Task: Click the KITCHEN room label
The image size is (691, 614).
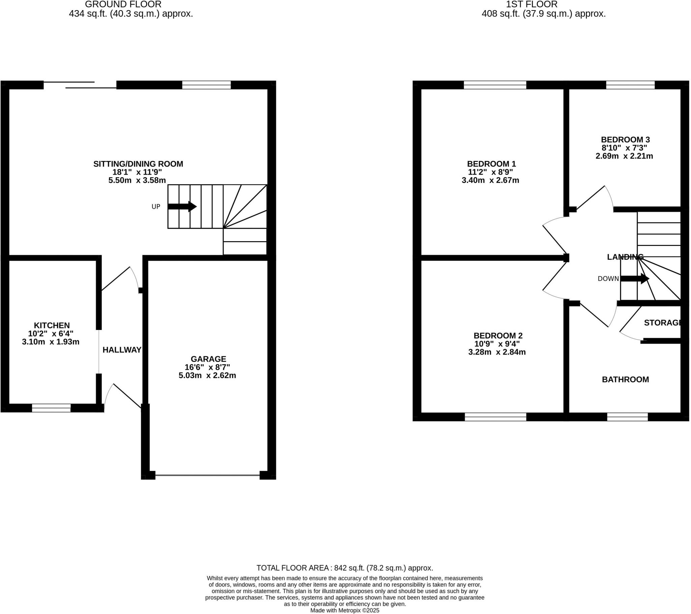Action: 52,325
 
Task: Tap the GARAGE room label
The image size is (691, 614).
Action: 208,359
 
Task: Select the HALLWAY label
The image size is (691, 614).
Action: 122,350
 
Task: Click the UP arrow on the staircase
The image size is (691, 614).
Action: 182,206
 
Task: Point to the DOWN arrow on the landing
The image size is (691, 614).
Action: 635,279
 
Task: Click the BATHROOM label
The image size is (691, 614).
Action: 625,379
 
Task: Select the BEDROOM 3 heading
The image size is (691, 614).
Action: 625,139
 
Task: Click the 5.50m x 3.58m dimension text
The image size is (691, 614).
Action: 137,180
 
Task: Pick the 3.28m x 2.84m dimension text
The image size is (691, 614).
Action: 497,352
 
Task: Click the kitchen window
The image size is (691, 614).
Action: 51,408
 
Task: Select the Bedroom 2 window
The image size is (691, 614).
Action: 495,417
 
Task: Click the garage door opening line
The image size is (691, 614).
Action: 207,475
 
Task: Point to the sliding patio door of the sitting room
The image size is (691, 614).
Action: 80,85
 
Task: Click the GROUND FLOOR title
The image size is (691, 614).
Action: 123,4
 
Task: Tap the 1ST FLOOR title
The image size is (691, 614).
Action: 531,4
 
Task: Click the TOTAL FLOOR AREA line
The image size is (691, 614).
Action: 344,568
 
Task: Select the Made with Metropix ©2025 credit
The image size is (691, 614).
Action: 344,610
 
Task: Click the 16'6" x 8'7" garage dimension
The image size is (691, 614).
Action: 207,367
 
